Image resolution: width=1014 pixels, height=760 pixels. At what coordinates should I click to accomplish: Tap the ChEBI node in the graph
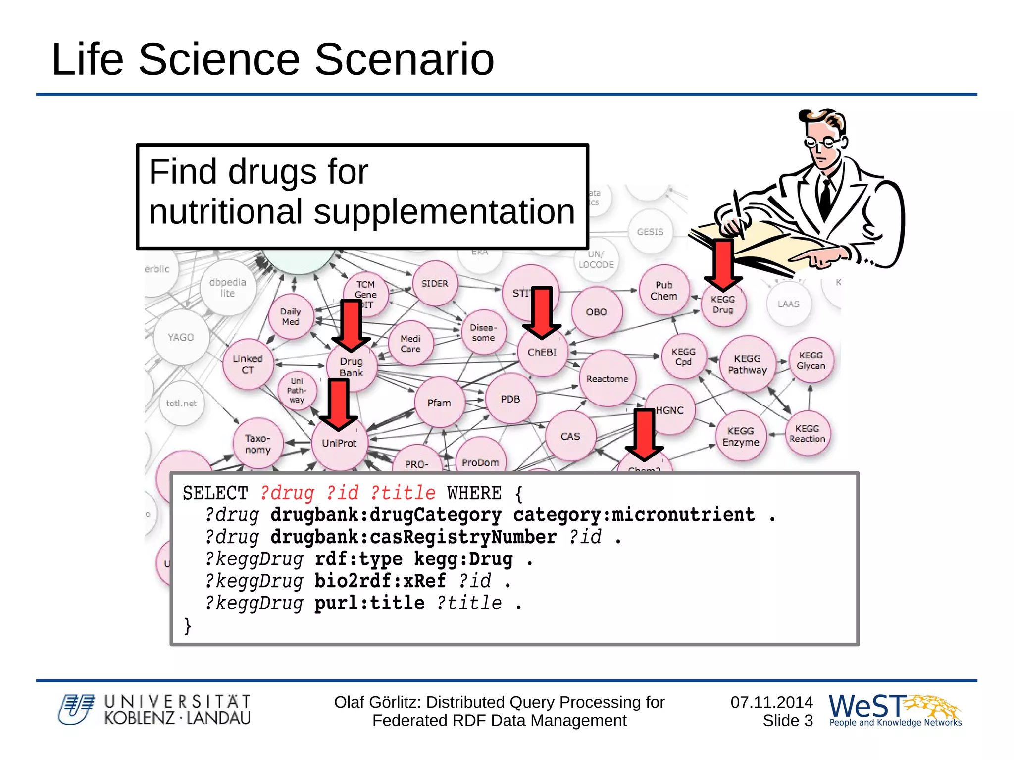542,353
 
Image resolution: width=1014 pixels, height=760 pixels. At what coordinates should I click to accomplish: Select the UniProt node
339,444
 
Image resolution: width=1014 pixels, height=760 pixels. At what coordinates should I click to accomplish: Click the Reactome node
607,379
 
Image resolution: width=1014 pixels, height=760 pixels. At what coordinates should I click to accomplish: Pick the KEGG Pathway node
747,365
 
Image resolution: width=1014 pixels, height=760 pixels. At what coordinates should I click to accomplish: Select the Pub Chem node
664,291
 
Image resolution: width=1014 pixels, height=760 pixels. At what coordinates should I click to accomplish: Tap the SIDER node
435,284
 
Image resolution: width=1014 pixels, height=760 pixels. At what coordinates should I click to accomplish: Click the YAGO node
181,338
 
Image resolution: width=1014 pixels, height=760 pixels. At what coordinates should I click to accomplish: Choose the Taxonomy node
258,444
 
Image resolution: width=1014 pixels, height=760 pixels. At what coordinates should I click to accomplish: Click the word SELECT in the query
215,493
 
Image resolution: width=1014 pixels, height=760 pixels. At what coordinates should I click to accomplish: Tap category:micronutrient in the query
634,515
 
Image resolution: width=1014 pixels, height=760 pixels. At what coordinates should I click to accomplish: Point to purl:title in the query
369,604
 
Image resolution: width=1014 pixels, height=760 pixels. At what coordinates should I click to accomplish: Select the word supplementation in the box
444,212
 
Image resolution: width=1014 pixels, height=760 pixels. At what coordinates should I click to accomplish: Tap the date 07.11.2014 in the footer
771,702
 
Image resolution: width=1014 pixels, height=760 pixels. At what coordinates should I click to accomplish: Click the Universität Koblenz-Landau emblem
76,709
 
